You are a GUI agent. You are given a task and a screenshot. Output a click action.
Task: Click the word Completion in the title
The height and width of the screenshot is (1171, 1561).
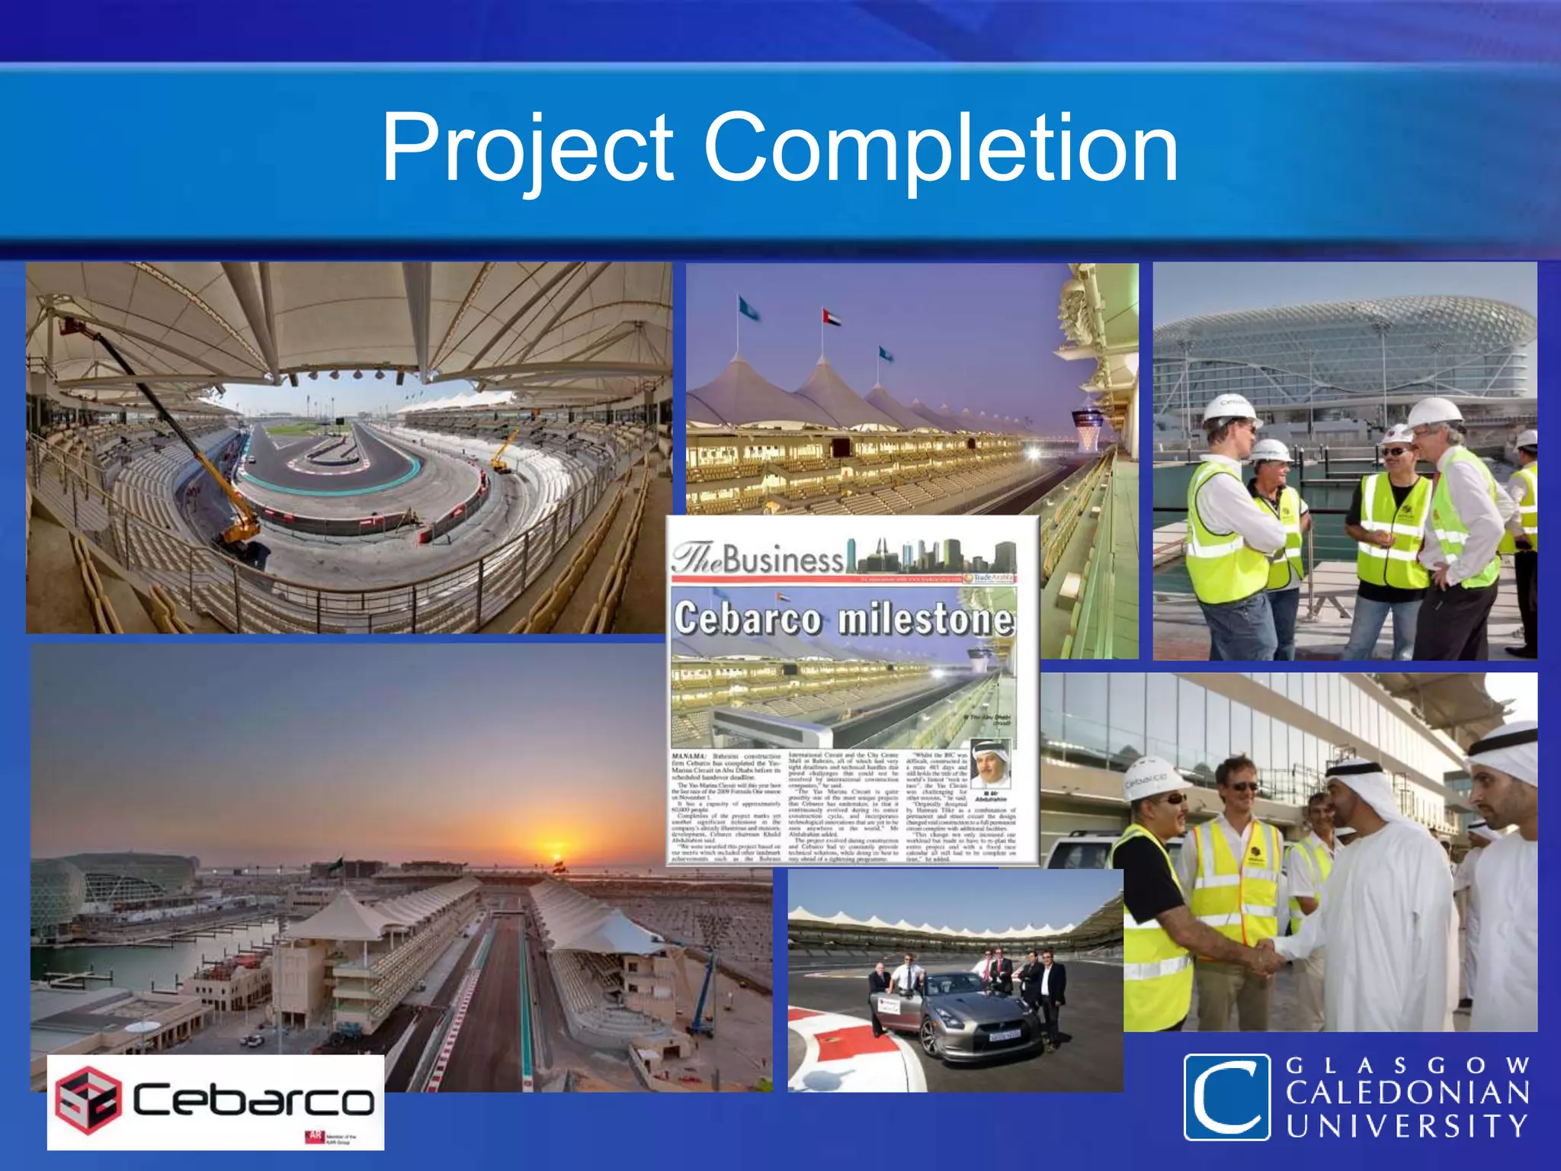tap(941, 148)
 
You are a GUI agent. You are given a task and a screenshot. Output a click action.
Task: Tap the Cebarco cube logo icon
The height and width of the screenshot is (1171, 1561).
tap(88, 1099)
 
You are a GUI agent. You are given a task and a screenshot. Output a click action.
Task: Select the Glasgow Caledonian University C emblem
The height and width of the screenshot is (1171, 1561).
tap(1226, 1097)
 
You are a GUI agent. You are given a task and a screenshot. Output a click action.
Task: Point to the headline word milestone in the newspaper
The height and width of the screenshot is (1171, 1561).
tap(927, 619)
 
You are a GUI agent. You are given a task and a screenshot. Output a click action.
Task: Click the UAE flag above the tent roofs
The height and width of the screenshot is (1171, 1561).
tap(831, 317)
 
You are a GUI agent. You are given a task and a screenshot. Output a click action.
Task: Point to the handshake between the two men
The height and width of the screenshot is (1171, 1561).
tap(1269, 955)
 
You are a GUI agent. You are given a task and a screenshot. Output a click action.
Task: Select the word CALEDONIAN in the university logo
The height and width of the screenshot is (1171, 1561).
tap(1408, 1093)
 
